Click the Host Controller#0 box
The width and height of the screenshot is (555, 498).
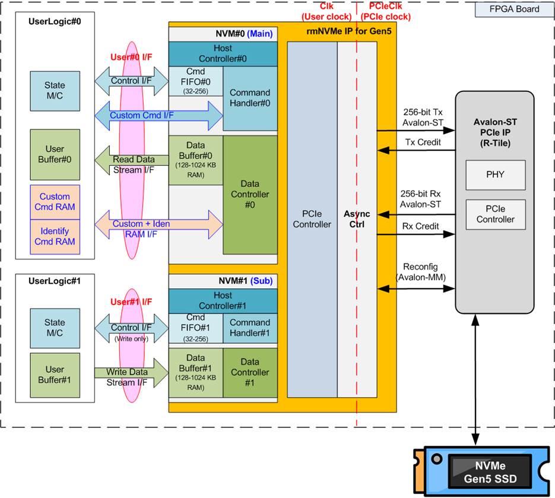[223, 53]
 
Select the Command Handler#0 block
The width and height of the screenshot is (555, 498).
[249, 99]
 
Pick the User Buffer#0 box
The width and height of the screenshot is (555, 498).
[55, 154]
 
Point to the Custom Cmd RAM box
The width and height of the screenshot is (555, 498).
[55, 202]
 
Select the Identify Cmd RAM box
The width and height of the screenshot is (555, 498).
[55, 236]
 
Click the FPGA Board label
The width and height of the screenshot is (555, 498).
[515, 9]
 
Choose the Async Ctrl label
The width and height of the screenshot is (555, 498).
[357, 218]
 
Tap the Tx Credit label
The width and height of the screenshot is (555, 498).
[423, 143]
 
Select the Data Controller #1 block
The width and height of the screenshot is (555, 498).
[249, 372]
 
